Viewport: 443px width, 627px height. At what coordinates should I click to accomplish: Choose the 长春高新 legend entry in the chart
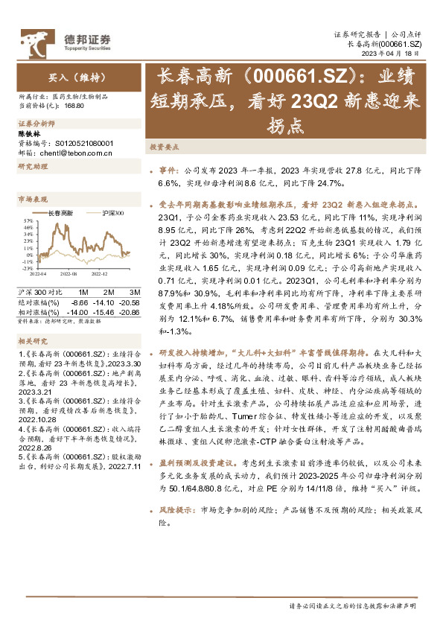[x=60, y=214]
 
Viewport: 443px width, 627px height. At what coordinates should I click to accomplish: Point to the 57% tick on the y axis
[x=27, y=220]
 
